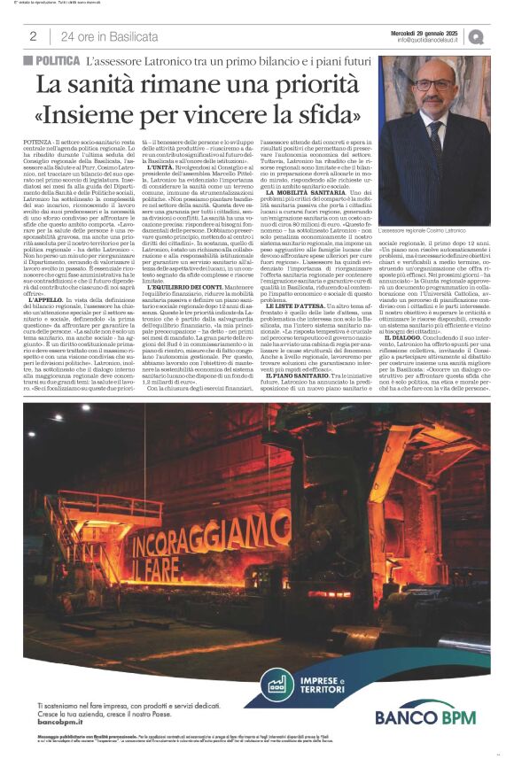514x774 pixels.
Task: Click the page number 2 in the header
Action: click(33, 36)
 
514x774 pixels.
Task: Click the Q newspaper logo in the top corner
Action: click(478, 36)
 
